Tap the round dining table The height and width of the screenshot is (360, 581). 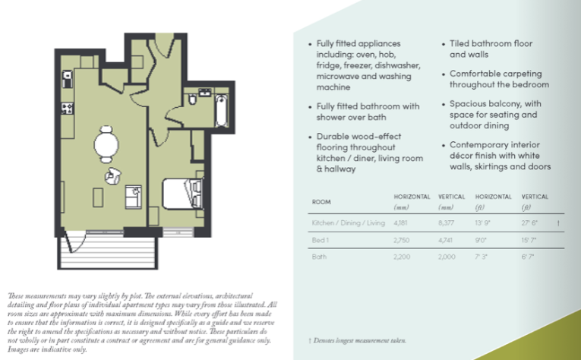(106, 141)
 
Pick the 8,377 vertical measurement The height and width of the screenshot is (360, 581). (447, 224)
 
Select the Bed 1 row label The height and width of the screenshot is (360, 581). (321, 241)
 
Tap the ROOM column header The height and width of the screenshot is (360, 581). (321, 202)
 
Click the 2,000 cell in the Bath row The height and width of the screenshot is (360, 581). (447, 257)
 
